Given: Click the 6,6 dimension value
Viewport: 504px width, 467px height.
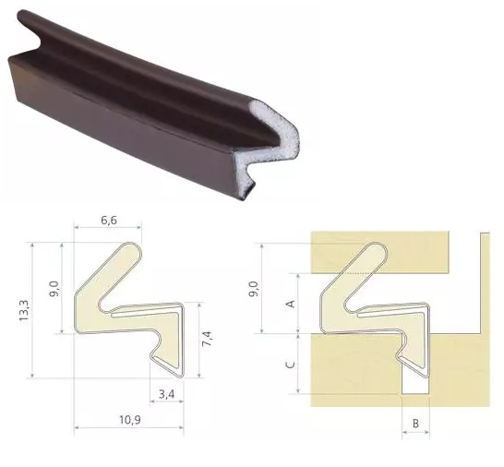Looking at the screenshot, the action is click(109, 221).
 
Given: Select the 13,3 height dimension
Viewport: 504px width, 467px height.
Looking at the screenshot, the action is click(24, 310).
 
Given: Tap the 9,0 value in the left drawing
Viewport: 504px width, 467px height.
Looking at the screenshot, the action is click(54, 288).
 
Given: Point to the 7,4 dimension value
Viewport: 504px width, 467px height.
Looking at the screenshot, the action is click(207, 339).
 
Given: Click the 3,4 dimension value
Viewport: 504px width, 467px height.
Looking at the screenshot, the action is click(166, 393).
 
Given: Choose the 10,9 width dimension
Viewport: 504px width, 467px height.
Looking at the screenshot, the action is click(130, 420).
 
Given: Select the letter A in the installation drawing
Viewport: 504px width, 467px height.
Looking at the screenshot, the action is click(291, 304).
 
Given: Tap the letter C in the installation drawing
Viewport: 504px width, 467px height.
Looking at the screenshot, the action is click(291, 365).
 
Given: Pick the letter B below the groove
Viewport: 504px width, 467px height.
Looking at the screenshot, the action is click(415, 424).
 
